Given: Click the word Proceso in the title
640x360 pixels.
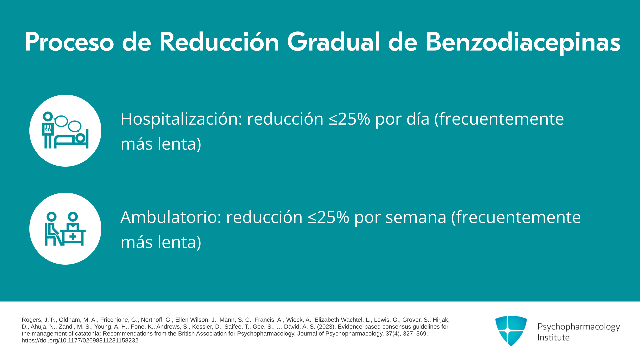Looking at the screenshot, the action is pos(69,42).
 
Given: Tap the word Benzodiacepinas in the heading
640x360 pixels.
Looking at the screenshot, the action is pos(523,42).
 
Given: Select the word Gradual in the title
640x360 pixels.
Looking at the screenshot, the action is pos(333,42).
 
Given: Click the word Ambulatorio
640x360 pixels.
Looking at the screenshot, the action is pos(171,217).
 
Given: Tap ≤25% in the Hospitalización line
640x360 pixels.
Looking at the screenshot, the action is pos(349,119).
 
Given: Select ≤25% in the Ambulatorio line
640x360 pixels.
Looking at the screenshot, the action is pos(328,217).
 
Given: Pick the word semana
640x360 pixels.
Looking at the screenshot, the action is pos(416,217).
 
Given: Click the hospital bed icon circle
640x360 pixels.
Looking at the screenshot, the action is pos(65,131).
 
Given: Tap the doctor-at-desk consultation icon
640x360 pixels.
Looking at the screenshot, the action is pos(65,229).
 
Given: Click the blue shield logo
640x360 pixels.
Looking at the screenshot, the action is pos(511,331).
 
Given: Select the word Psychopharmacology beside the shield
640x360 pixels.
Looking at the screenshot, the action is pos(579,327).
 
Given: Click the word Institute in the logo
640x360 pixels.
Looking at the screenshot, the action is pos(554,337).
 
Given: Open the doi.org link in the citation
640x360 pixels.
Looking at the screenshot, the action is pos(80,341).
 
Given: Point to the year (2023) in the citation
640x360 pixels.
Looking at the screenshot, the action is pos(326,327).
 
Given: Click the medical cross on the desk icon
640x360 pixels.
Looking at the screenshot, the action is pos(73,237).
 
